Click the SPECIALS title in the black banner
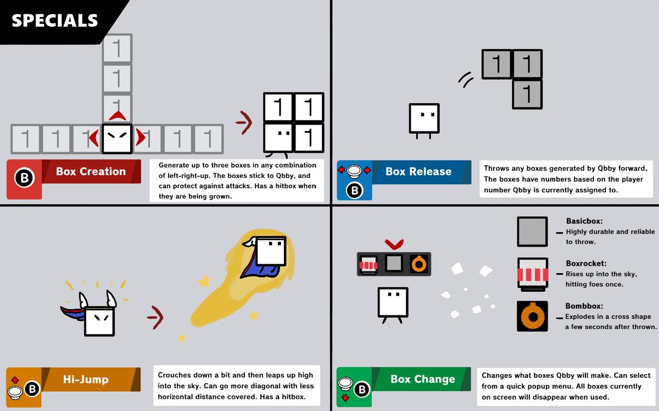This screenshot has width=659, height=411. pyautogui.click(x=54, y=20)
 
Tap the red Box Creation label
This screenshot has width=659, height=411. pyautogui.click(x=91, y=171)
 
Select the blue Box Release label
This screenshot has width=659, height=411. pyautogui.click(x=418, y=171)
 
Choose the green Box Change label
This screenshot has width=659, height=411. pyautogui.click(x=422, y=379)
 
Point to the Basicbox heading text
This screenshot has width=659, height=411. pyautogui.click(x=584, y=221)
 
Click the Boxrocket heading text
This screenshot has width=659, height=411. pyautogui.click(x=586, y=263)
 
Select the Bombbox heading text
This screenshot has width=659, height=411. pyautogui.click(x=584, y=306)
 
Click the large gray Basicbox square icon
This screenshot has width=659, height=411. pyautogui.click(x=532, y=231)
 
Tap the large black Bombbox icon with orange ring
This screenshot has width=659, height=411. pyautogui.click(x=532, y=316)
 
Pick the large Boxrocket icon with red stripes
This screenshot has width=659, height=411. pyautogui.click(x=532, y=274)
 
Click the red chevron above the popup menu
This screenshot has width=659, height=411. pyautogui.click(x=394, y=243)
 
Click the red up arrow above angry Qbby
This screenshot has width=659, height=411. pyautogui.click(x=116, y=115)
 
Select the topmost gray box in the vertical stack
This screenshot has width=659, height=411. pyautogui.click(x=116, y=48)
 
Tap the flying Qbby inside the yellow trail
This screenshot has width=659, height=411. pyautogui.click(x=271, y=251)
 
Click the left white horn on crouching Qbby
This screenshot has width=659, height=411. pyautogui.click(x=83, y=299)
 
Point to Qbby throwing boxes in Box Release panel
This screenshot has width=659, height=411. pyautogui.click(x=424, y=119)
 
